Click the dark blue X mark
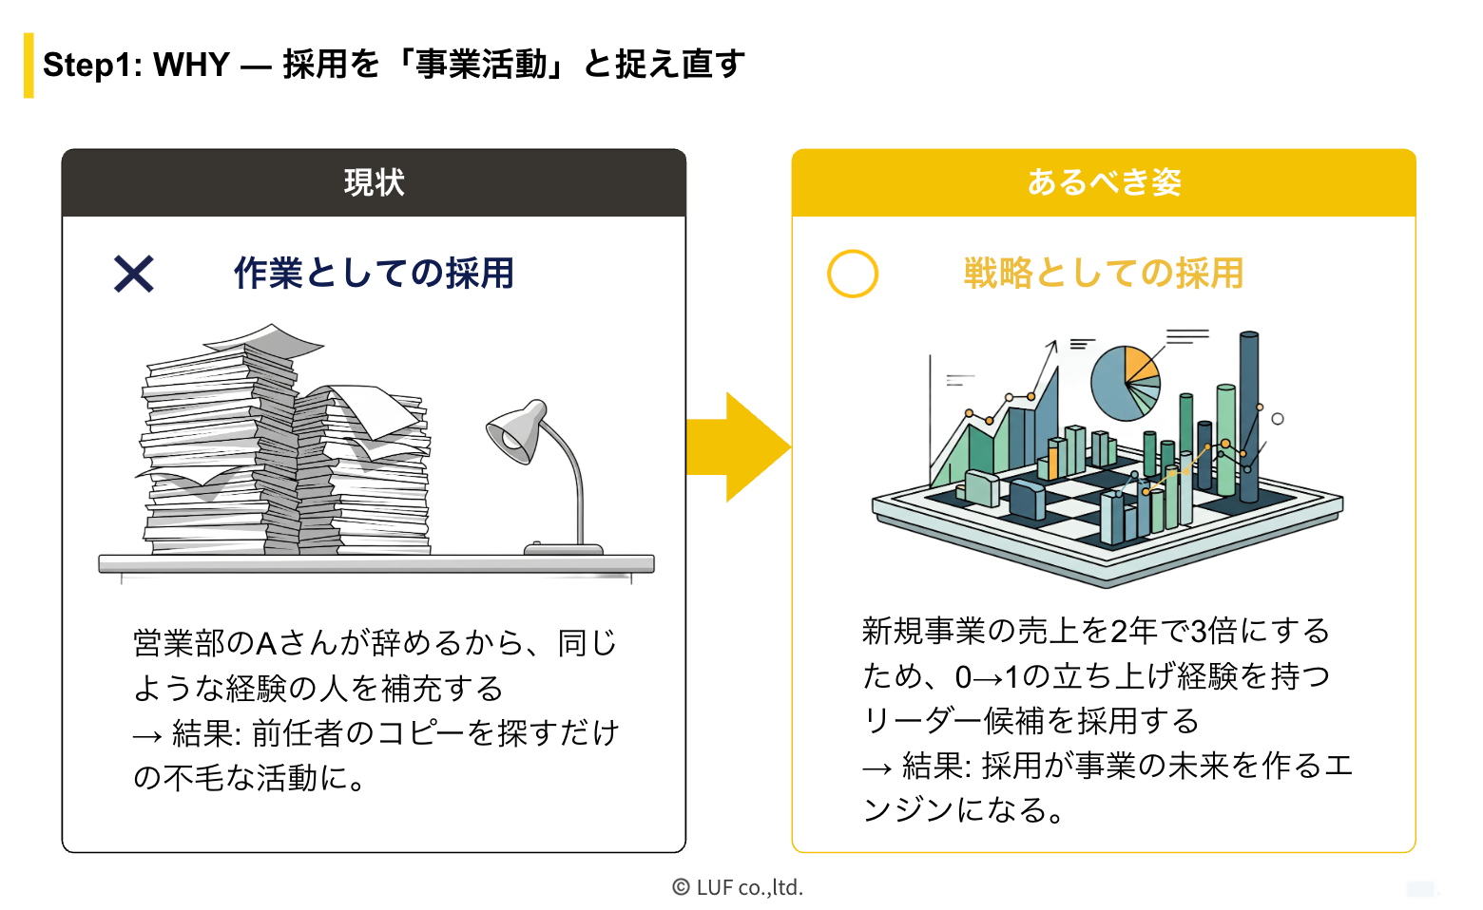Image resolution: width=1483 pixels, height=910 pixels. pyautogui.click(x=134, y=274)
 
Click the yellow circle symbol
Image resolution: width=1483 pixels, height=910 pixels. pyautogui.click(x=853, y=274)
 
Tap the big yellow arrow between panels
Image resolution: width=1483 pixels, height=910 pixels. pyautogui.click(x=738, y=446)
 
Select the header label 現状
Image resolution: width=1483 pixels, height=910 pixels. pyautogui.click(x=374, y=182)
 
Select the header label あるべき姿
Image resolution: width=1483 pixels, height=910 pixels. pyautogui.click(x=1104, y=182)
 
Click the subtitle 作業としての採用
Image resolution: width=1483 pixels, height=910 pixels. pyautogui.click(x=374, y=274)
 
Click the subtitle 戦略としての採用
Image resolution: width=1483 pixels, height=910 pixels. pyautogui.click(x=1104, y=274)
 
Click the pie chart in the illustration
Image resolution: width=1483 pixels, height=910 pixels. pyautogui.click(x=1125, y=382)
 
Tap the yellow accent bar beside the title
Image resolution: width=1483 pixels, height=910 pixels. pyautogui.click(x=29, y=66)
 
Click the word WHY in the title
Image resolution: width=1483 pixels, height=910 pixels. pyautogui.click(x=191, y=65)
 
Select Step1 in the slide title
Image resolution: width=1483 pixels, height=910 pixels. pyautogui.click(x=92, y=65)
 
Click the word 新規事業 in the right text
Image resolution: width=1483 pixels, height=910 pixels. pyautogui.click(x=923, y=631)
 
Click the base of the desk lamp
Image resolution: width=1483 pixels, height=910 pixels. pyautogui.click(x=563, y=548)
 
